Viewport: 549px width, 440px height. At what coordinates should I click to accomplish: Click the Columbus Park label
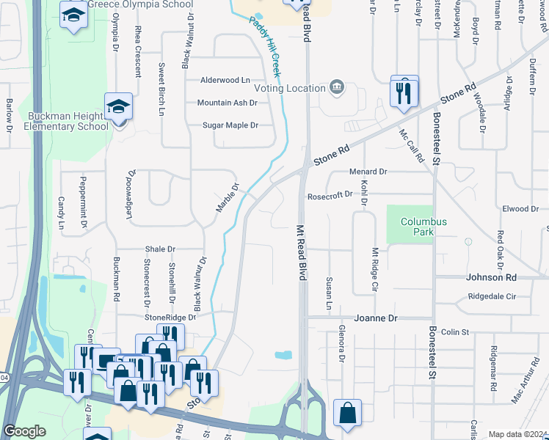[423, 227]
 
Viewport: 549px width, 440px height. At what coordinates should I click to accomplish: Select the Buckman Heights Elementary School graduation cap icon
[118, 107]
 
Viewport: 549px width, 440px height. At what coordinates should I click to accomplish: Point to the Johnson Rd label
[492, 277]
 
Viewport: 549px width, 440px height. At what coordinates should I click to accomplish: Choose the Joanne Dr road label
[376, 318]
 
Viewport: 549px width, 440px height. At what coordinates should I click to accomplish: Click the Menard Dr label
[368, 172]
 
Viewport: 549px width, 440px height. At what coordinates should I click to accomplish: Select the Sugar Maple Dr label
[230, 125]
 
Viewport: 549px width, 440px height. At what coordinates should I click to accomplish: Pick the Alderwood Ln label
[225, 80]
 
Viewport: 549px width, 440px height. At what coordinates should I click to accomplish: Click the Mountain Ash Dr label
[227, 103]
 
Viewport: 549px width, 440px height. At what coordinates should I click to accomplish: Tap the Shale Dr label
[161, 249]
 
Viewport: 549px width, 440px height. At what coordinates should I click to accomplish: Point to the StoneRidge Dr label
[170, 318]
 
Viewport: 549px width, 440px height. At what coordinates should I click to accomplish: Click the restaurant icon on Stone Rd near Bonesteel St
[404, 92]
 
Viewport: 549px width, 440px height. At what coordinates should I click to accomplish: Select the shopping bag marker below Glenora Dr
[347, 414]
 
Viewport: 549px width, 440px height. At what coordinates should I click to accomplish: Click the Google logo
[24, 431]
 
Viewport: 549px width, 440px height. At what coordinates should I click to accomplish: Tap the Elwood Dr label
[520, 209]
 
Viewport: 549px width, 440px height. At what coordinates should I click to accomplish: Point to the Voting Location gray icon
[337, 87]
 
